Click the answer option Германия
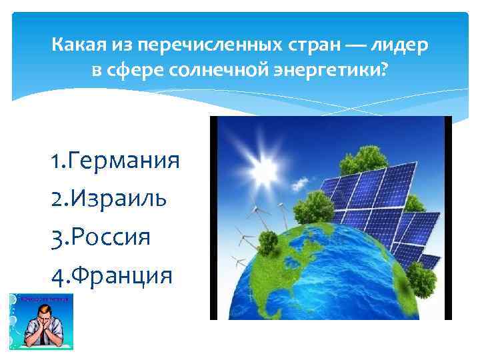pyautogui.click(x=123, y=161)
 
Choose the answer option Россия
pyautogui.click(x=113, y=237)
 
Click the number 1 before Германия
pyautogui.click(x=55, y=161)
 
